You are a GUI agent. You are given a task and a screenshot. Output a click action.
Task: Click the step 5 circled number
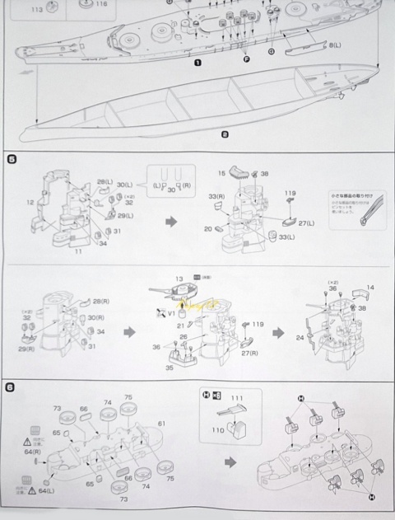pyautogui.click(x=12, y=157)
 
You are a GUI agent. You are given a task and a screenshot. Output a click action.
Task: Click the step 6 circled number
pyautogui.click(x=12, y=389)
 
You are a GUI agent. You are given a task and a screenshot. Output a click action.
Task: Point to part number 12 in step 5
pyautogui.click(x=30, y=203)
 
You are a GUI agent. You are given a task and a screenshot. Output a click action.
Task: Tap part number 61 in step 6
pyautogui.click(x=161, y=423)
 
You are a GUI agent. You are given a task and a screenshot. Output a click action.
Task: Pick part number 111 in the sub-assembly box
pyautogui.click(x=241, y=397)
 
